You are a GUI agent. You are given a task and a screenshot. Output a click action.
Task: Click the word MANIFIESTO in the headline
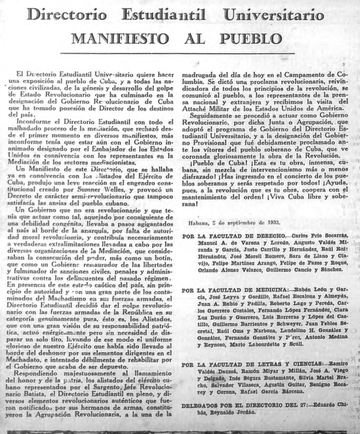click(132, 38)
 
